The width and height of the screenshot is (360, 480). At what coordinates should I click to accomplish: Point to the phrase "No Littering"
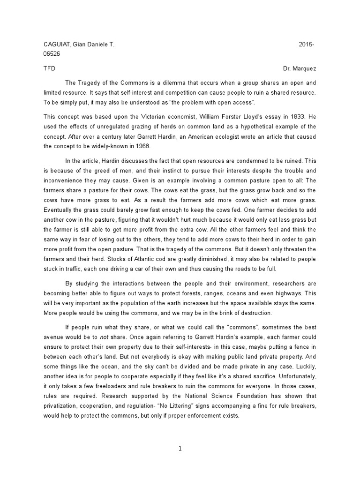tap(187, 405)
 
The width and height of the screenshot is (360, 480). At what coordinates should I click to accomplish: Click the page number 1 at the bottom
tap(180, 449)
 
